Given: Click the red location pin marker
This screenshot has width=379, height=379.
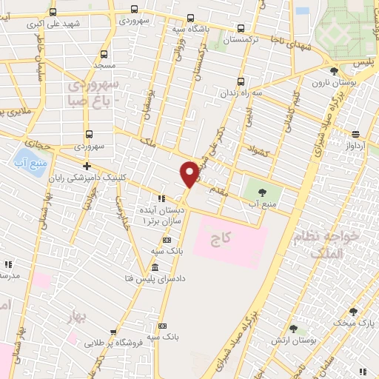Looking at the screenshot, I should pyautogui.click(x=189, y=173).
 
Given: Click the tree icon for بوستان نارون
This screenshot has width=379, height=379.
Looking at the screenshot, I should pyautogui.click(x=334, y=71).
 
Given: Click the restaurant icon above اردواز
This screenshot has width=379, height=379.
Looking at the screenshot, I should pyautogui.click(x=356, y=134).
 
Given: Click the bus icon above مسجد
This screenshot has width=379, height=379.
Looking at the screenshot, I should pyautogui.click(x=103, y=54).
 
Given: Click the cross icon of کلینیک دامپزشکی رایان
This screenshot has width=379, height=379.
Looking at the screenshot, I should pyautogui.click(x=87, y=166).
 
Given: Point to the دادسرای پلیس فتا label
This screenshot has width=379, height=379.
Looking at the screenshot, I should pyautogui.click(x=155, y=279).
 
